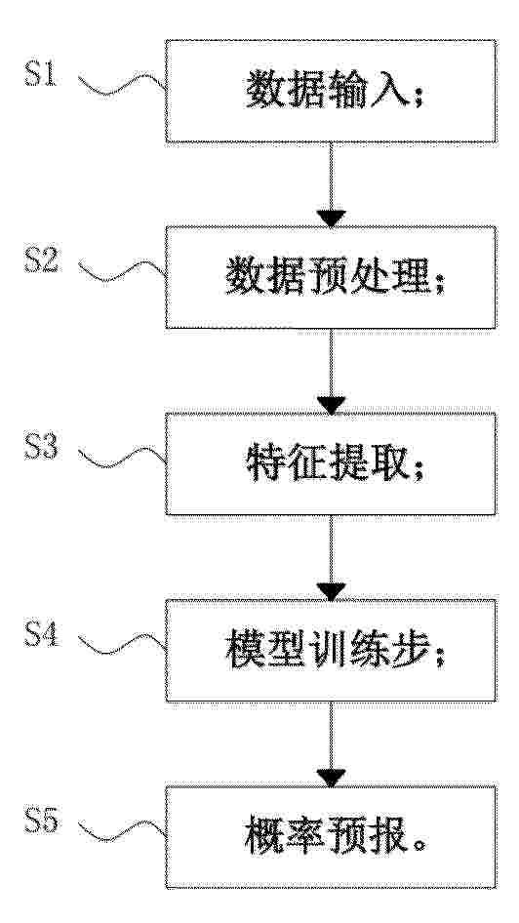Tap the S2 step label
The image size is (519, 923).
pyautogui.click(x=41, y=261)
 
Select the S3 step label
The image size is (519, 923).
pyautogui.click(x=41, y=447)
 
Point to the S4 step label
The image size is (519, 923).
pyautogui.click(x=41, y=634)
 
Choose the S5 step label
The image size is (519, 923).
pyautogui.click(x=41, y=820)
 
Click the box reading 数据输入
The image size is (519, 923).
pyautogui.click(x=331, y=92)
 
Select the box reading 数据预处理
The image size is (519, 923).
pyautogui.click(x=331, y=277)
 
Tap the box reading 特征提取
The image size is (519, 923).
pyautogui.click(x=331, y=463)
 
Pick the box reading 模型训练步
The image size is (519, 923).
pyautogui.click(x=331, y=651)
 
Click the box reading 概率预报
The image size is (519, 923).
pyautogui.click(x=331, y=836)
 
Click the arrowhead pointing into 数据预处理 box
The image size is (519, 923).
pyautogui.click(x=331, y=218)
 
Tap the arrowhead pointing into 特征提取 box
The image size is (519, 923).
pyautogui.click(x=331, y=404)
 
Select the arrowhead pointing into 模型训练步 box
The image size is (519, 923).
pyautogui.click(x=331, y=591)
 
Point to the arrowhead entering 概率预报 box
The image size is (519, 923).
pyautogui.click(x=331, y=777)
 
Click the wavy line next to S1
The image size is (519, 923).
pyautogui.click(x=122, y=84)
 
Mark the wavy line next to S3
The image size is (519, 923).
pyautogui.click(x=122, y=458)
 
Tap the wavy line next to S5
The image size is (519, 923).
pyautogui.click(x=122, y=830)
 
